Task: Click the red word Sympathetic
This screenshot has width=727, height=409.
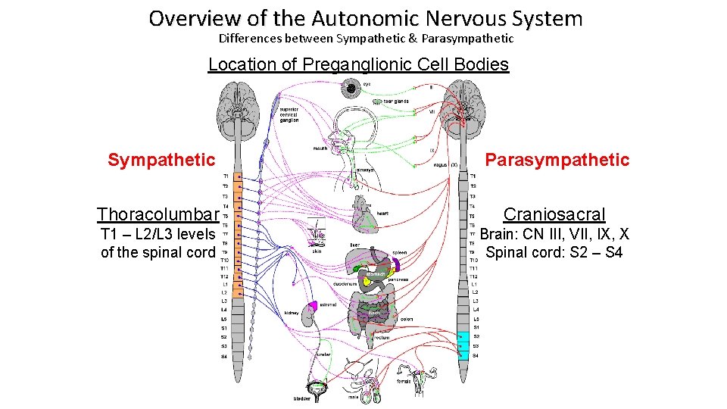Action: click(161, 160)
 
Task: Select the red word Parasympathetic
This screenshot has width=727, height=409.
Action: click(557, 160)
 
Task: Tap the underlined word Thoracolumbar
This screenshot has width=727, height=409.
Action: click(158, 214)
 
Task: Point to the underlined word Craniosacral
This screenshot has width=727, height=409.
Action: click(554, 214)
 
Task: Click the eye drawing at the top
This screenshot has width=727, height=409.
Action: click(351, 90)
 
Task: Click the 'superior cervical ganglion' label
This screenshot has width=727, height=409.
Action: click(289, 114)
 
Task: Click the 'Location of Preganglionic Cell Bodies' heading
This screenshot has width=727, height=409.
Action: click(358, 64)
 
